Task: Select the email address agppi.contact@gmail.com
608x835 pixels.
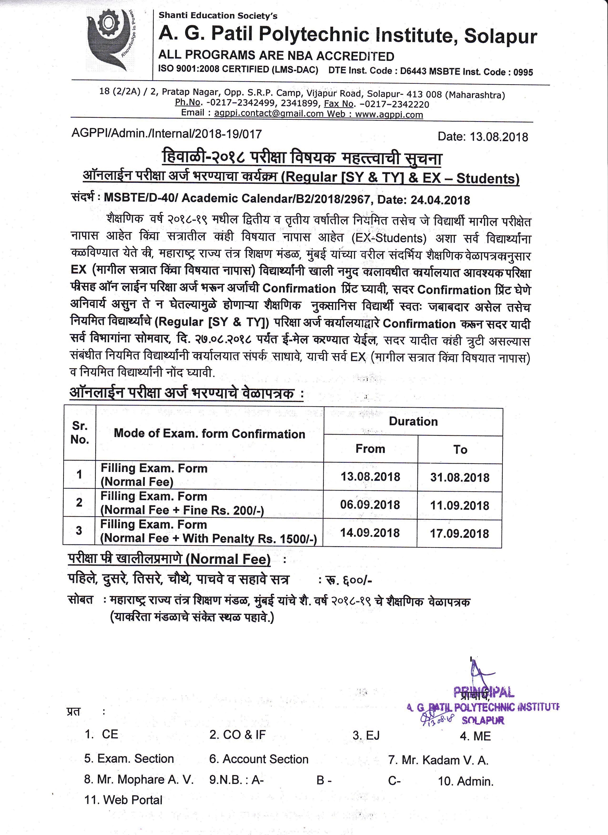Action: [269, 114]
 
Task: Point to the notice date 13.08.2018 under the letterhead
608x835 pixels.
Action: [499, 137]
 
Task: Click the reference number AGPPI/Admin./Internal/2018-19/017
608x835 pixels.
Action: [167, 134]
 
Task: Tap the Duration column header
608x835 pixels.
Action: [413, 422]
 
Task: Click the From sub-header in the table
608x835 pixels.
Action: [370, 449]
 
